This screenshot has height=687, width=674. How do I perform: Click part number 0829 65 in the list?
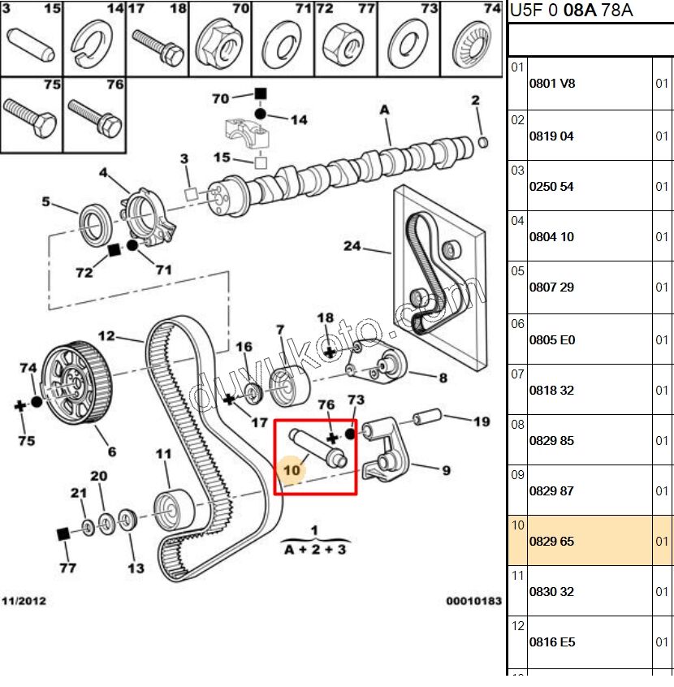click(551, 541)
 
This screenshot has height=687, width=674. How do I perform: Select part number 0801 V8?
click(551, 83)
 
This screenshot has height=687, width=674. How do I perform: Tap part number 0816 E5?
click(551, 642)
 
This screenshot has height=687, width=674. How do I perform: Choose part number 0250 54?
click(551, 186)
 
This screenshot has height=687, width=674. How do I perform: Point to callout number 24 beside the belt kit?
click(352, 245)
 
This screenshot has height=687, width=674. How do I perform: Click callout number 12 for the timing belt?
click(107, 335)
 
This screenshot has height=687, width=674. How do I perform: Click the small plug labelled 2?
click(483, 143)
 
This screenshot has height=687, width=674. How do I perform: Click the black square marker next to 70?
click(261, 94)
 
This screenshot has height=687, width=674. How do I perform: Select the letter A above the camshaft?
click(384, 110)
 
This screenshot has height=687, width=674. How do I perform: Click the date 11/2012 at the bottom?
click(24, 601)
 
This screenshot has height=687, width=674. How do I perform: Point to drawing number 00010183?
click(473, 601)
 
